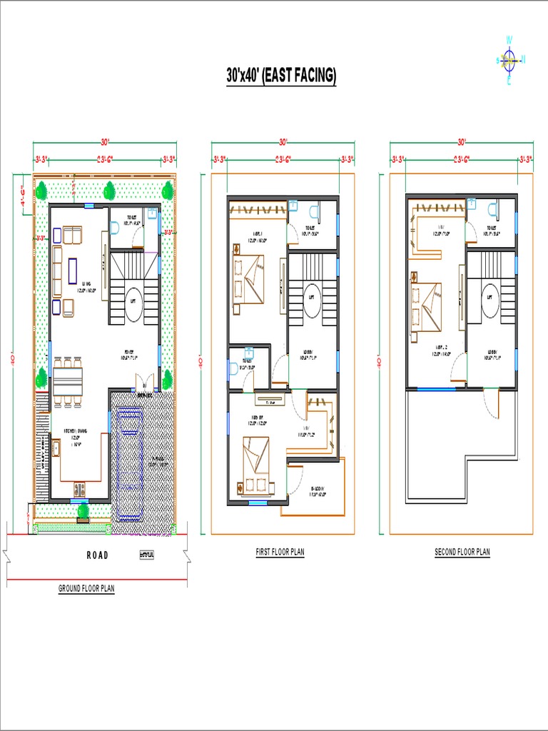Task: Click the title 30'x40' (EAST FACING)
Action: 281,76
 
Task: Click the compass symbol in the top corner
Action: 509,60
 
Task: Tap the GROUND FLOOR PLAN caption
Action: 86,589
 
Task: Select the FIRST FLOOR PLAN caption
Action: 280,553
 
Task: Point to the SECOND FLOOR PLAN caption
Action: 462,553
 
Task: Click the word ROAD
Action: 98,555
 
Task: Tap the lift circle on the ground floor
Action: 132,301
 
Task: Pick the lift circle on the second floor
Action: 489,300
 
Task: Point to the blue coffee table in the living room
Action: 73,271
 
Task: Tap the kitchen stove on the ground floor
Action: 78,490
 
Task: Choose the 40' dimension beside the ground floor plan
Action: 12,361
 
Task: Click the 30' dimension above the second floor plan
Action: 462,141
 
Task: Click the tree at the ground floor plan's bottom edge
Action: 83,511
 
